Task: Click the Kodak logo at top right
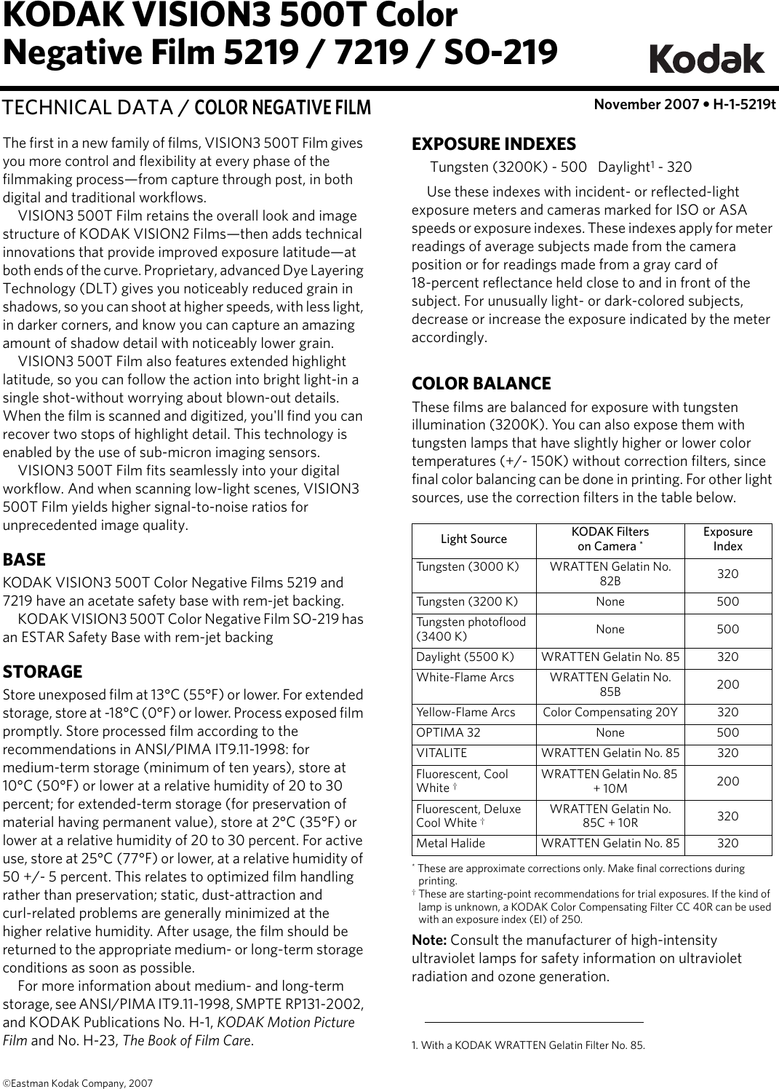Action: point(706,59)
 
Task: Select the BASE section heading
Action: point(25,560)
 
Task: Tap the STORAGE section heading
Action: point(43,671)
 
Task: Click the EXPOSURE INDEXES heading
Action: point(494,144)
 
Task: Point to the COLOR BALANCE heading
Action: point(482,384)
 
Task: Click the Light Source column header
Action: point(474,539)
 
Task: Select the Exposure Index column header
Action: point(727,539)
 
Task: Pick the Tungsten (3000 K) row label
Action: point(468,566)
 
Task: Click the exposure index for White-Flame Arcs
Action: point(727,685)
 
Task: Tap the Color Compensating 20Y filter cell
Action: point(610,713)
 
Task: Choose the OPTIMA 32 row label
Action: point(448,733)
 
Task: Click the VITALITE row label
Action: point(442,753)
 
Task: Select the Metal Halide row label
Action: point(450,844)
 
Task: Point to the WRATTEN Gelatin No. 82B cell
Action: point(610,574)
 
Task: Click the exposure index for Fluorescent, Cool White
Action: point(727,782)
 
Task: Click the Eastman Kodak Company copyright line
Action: point(78,1083)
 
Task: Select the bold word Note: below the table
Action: point(429,940)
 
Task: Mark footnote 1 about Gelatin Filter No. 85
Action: point(528,1046)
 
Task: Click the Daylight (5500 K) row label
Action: point(465,657)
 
